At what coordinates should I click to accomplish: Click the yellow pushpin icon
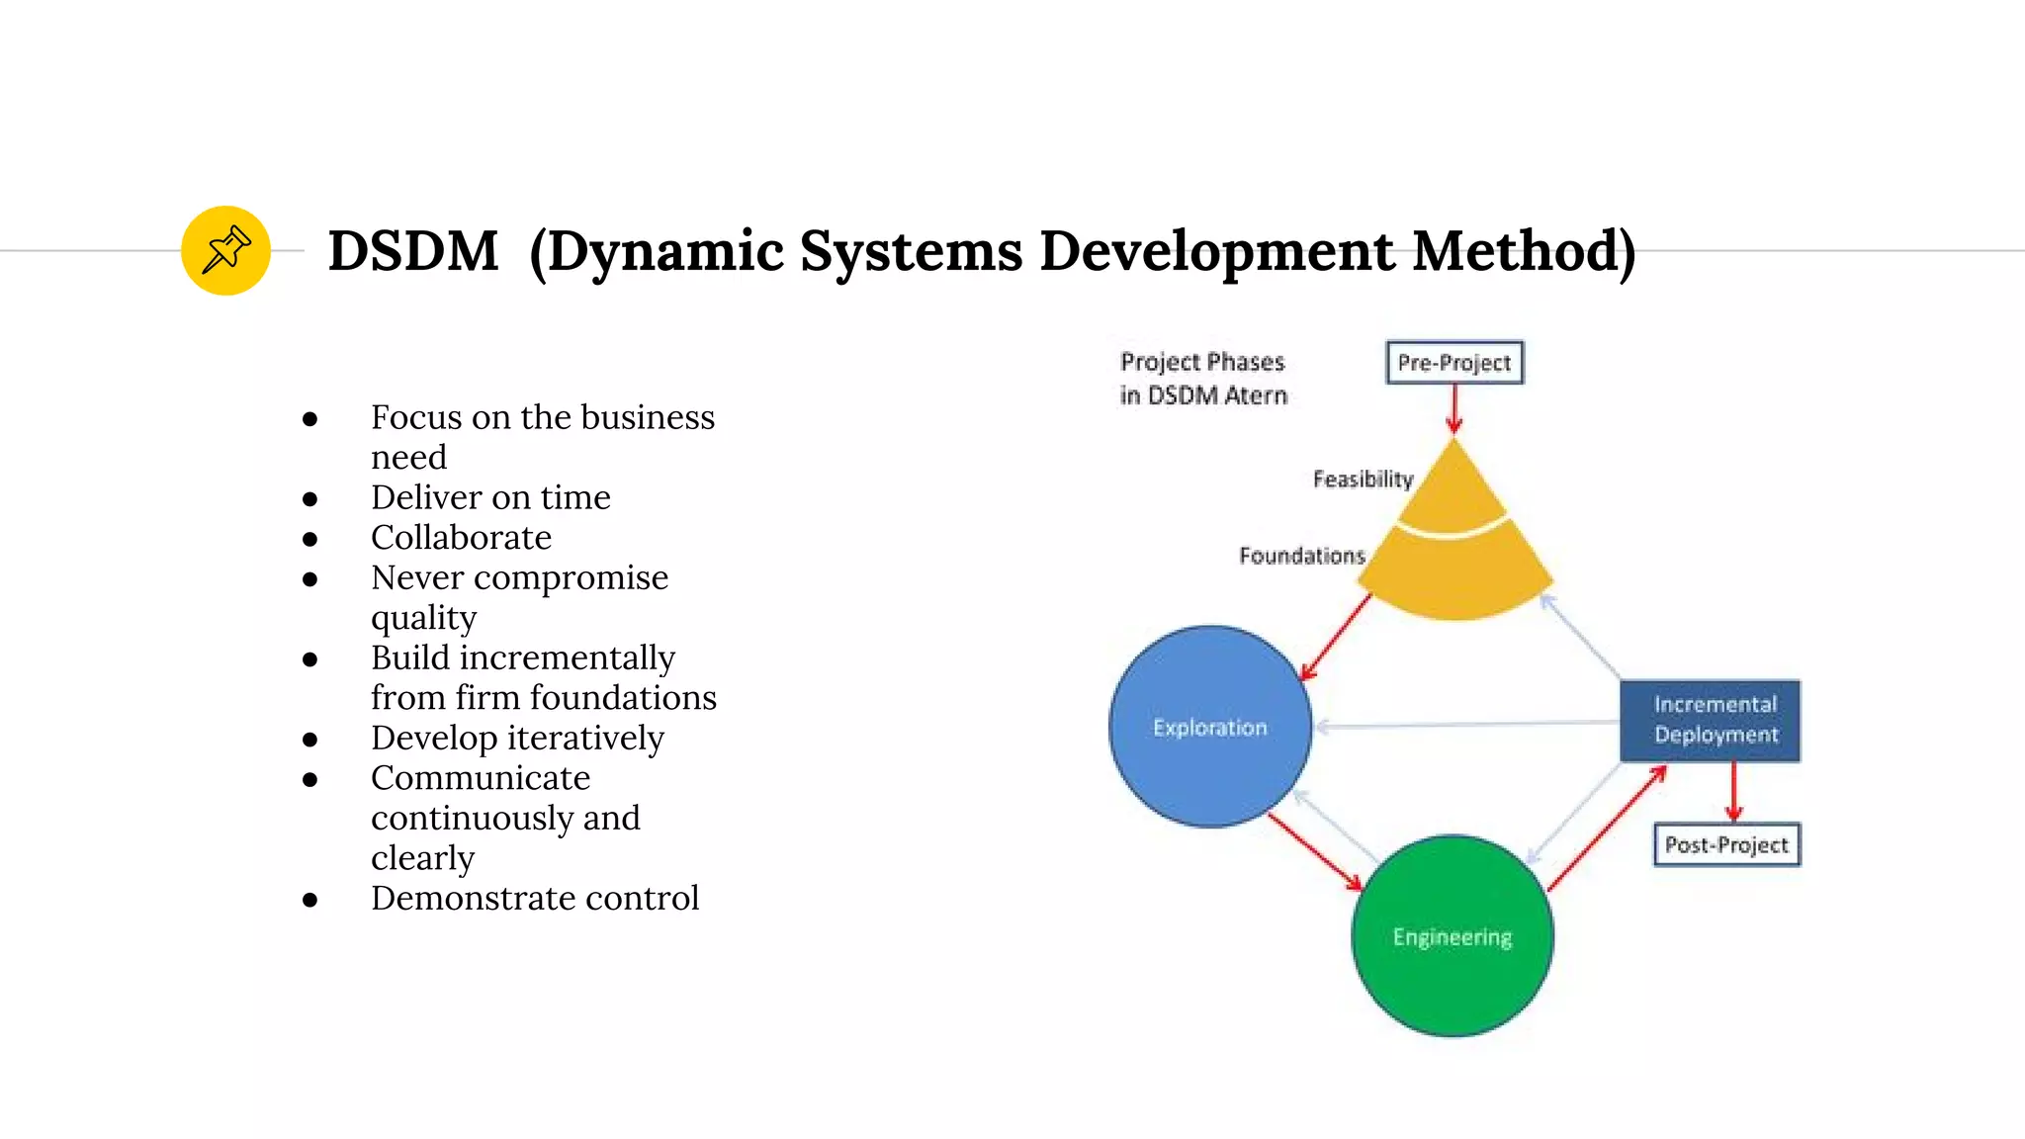tap(225, 250)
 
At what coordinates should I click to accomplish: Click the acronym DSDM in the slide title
tap(413, 251)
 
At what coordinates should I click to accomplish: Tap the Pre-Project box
tap(1453, 363)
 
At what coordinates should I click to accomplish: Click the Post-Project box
tap(1726, 845)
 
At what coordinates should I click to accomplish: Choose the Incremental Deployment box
tap(1710, 721)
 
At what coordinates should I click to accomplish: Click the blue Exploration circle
tap(1209, 727)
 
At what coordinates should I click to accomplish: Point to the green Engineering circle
tap(1452, 936)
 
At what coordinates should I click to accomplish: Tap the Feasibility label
tap(1363, 480)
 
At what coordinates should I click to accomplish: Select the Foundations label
tap(1301, 556)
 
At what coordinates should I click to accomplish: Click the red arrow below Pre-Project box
tap(1453, 407)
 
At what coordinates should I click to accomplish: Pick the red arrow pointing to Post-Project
tap(1733, 792)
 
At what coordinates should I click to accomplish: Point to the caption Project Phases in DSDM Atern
tap(1203, 379)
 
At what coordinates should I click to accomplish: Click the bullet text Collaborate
tap(461, 538)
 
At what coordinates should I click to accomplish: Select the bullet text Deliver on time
tap(490, 497)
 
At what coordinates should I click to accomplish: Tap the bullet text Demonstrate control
tap(535, 899)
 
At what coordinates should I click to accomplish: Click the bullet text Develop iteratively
tap(517, 739)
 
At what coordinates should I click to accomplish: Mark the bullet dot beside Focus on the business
tap(310, 419)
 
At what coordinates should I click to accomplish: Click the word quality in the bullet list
tap(423, 618)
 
